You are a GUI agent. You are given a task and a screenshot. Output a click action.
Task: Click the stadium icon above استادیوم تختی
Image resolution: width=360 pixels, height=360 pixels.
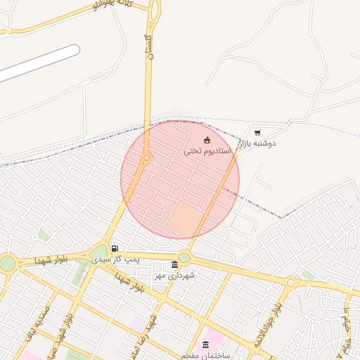[x=207, y=141]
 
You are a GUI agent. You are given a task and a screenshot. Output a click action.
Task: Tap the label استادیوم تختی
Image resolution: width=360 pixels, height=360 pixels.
[x=207, y=151]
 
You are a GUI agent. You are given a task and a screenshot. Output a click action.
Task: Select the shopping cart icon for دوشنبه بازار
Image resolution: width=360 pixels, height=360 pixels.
[x=257, y=132]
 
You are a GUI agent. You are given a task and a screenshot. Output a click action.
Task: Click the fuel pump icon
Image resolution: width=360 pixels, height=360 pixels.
[x=115, y=249]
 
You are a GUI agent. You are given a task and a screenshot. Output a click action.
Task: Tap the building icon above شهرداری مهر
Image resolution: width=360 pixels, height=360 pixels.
[x=174, y=264]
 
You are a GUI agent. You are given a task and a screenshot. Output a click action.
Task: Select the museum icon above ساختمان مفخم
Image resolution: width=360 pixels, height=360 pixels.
[x=205, y=345]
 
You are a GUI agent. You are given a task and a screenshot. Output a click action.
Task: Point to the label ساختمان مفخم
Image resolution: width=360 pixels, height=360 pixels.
[x=202, y=355]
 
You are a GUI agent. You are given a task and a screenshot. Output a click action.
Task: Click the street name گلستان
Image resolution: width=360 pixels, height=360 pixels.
[x=148, y=46]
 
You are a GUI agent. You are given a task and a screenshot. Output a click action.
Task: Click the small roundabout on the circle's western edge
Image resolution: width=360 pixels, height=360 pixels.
[x=146, y=158]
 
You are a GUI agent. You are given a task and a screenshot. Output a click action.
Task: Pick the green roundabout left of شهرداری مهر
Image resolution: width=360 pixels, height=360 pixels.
[x=98, y=252]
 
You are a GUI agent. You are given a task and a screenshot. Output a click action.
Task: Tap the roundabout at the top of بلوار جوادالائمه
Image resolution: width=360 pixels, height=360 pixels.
[x=290, y=283]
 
